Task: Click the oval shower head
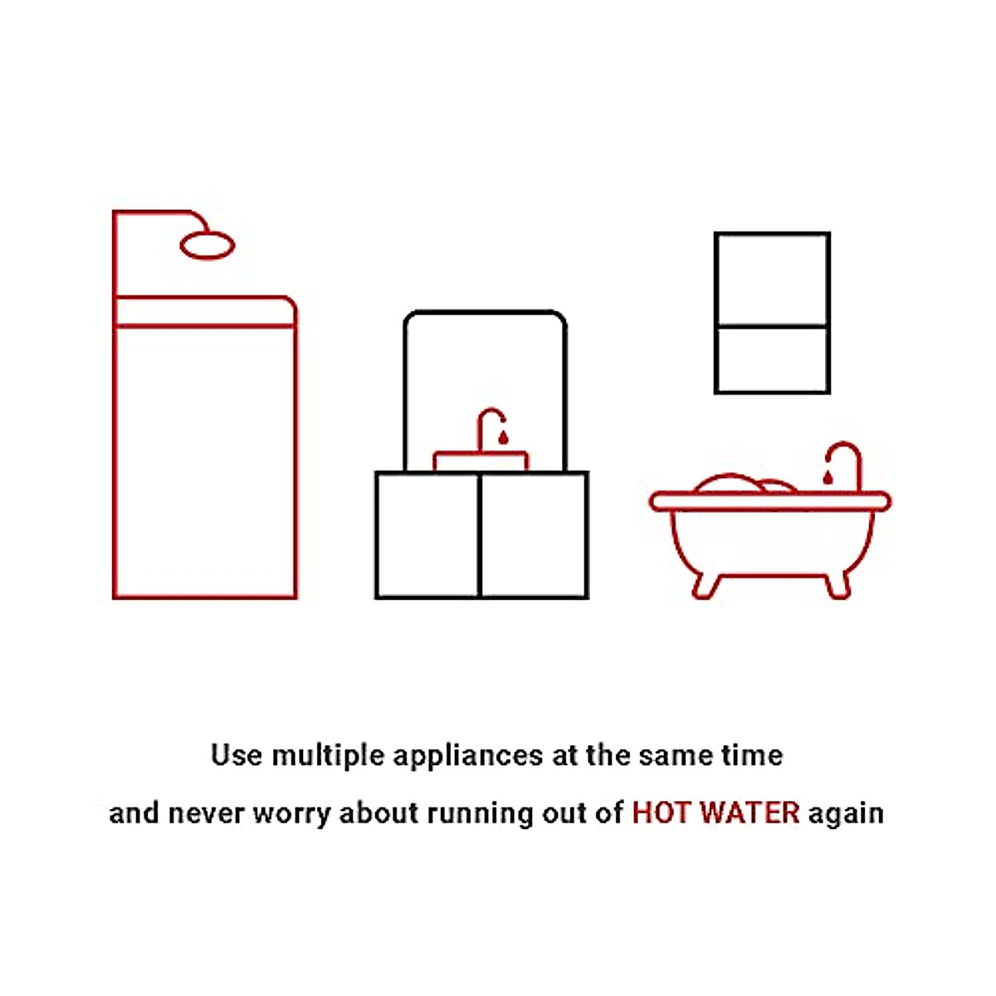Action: [207, 246]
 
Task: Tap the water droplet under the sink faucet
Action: [503, 437]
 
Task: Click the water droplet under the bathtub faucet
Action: [827, 477]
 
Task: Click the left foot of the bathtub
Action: [704, 585]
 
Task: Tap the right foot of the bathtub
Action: [837, 585]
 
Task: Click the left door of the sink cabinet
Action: [427, 535]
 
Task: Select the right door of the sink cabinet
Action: [534, 535]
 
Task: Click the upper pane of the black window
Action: [772, 280]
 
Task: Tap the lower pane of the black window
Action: [772, 359]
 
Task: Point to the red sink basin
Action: [481, 461]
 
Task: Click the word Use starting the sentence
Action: [237, 755]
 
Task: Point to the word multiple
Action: [329, 756]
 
